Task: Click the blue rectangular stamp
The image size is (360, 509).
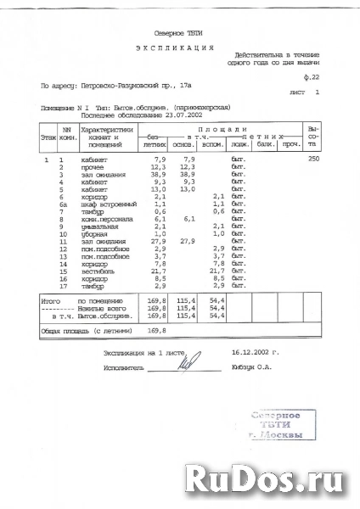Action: [x=281, y=425]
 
